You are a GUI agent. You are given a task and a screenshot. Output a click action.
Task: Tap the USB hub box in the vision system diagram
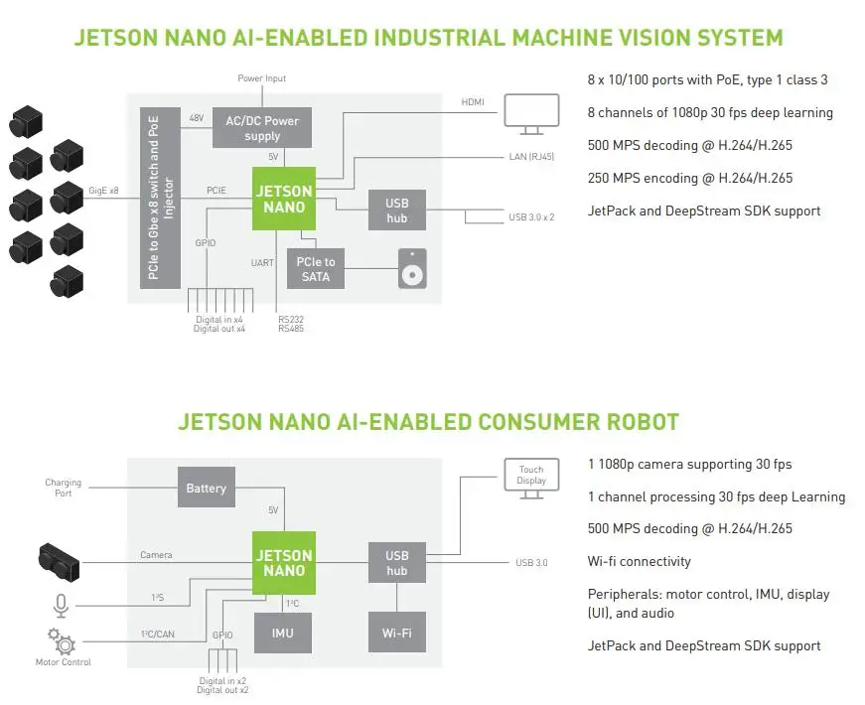click(x=397, y=210)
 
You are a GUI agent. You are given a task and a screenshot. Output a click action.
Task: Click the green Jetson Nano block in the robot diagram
click(x=284, y=563)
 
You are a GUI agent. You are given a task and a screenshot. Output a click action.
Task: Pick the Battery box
click(x=207, y=488)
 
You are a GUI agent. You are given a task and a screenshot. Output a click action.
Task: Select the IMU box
click(x=284, y=632)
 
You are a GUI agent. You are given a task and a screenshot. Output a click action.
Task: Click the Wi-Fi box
click(x=397, y=632)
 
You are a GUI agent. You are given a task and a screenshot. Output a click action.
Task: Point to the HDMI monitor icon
click(x=532, y=112)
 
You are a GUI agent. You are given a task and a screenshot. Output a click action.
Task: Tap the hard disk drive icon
click(x=412, y=269)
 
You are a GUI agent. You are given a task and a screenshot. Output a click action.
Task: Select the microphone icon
click(x=63, y=605)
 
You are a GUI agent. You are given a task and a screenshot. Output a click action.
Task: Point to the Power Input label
click(x=262, y=78)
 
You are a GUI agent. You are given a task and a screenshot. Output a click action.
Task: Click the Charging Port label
click(x=64, y=488)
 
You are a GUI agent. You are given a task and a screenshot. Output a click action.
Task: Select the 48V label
click(x=197, y=118)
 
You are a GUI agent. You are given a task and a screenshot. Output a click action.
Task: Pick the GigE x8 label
click(x=102, y=190)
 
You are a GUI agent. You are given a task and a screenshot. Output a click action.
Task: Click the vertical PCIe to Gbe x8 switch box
click(x=153, y=195)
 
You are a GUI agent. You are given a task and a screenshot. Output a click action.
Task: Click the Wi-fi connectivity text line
click(x=639, y=562)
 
